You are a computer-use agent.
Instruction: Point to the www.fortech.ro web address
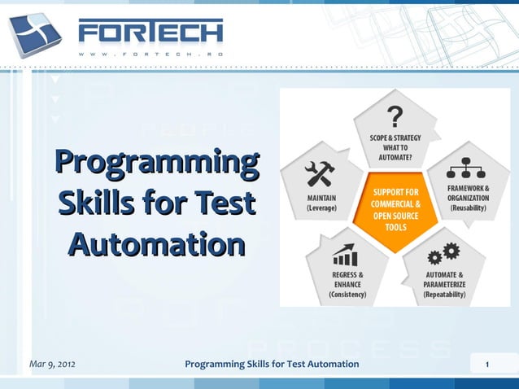pos(150,54)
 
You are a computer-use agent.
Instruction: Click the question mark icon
pos(395,115)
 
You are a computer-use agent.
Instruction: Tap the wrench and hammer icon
pos(319,173)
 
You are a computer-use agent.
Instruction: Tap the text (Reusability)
pos(468,208)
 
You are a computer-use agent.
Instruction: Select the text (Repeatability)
pos(444,295)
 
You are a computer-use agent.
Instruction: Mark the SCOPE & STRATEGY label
pos(395,138)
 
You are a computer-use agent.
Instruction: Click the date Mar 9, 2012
pos(52,363)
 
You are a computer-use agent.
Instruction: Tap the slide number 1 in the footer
pos(486,364)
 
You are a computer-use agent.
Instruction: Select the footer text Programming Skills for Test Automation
pos(272,363)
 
